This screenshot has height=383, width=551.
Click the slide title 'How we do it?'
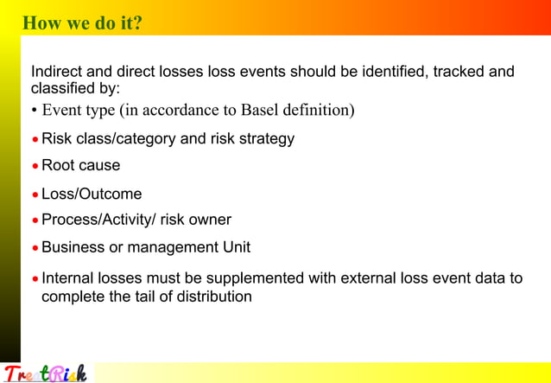pyautogui.click(x=82, y=23)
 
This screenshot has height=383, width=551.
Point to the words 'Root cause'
pyautogui.click(x=81, y=165)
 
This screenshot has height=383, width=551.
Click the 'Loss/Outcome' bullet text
pyautogui.click(x=92, y=194)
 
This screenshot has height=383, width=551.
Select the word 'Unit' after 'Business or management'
pyautogui.click(x=233, y=247)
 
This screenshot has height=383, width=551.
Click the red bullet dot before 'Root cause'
pyautogui.click(x=35, y=167)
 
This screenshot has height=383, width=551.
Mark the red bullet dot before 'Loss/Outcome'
pyautogui.click(x=35, y=195)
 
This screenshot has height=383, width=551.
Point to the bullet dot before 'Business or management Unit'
pyautogui.click(x=35, y=249)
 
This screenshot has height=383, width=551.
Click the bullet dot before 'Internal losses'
pyautogui.click(x=35, y=280)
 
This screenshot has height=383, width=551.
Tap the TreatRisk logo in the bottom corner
pyautogui.click(x=45, y=373)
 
